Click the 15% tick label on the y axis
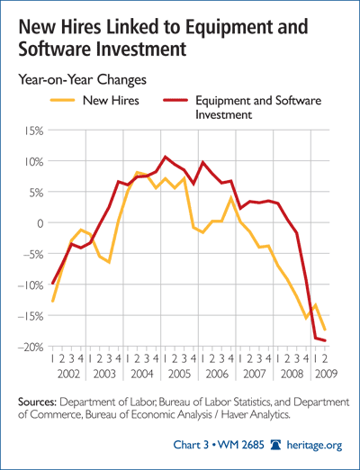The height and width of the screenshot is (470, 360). click(x=31, y=131)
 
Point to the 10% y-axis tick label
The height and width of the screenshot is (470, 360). click(x=31, y=162)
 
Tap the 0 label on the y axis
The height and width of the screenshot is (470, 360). click(x=39, y=223)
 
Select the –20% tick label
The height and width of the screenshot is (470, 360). click(x=30, y=347)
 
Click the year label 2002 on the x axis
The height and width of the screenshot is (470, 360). click(x=68, y=375)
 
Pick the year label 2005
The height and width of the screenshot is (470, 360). click(x=179, y=375)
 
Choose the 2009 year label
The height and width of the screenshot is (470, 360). click(x=326, y=375)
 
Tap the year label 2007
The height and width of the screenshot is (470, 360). click(x=255, y=375)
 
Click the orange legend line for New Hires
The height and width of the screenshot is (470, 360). click(x=62, y=100)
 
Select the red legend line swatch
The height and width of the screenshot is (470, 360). click(x=175, y=100)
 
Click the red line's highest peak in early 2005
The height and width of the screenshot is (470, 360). click(x=165, y=157)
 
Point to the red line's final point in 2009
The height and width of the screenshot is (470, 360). click(x=325, y=340)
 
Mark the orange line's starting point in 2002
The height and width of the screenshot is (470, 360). click(x=52, y=301)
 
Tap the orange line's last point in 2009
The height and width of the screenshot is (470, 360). click(x=325, y=330)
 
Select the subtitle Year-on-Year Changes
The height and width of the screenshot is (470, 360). click(x=83, y=80)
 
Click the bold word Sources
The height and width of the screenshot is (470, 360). click(x=37, y=402)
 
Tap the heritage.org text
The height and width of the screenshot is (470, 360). click(x=314, y=445)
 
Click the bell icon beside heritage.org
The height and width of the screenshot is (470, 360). click(x=275, y=445)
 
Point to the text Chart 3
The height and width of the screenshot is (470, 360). click(x=191, y=445)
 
